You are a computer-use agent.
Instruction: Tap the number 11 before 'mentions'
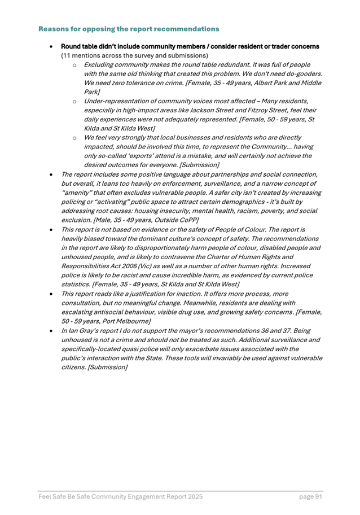pos(65,56)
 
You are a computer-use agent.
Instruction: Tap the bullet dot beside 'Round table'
pos(51,47)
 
